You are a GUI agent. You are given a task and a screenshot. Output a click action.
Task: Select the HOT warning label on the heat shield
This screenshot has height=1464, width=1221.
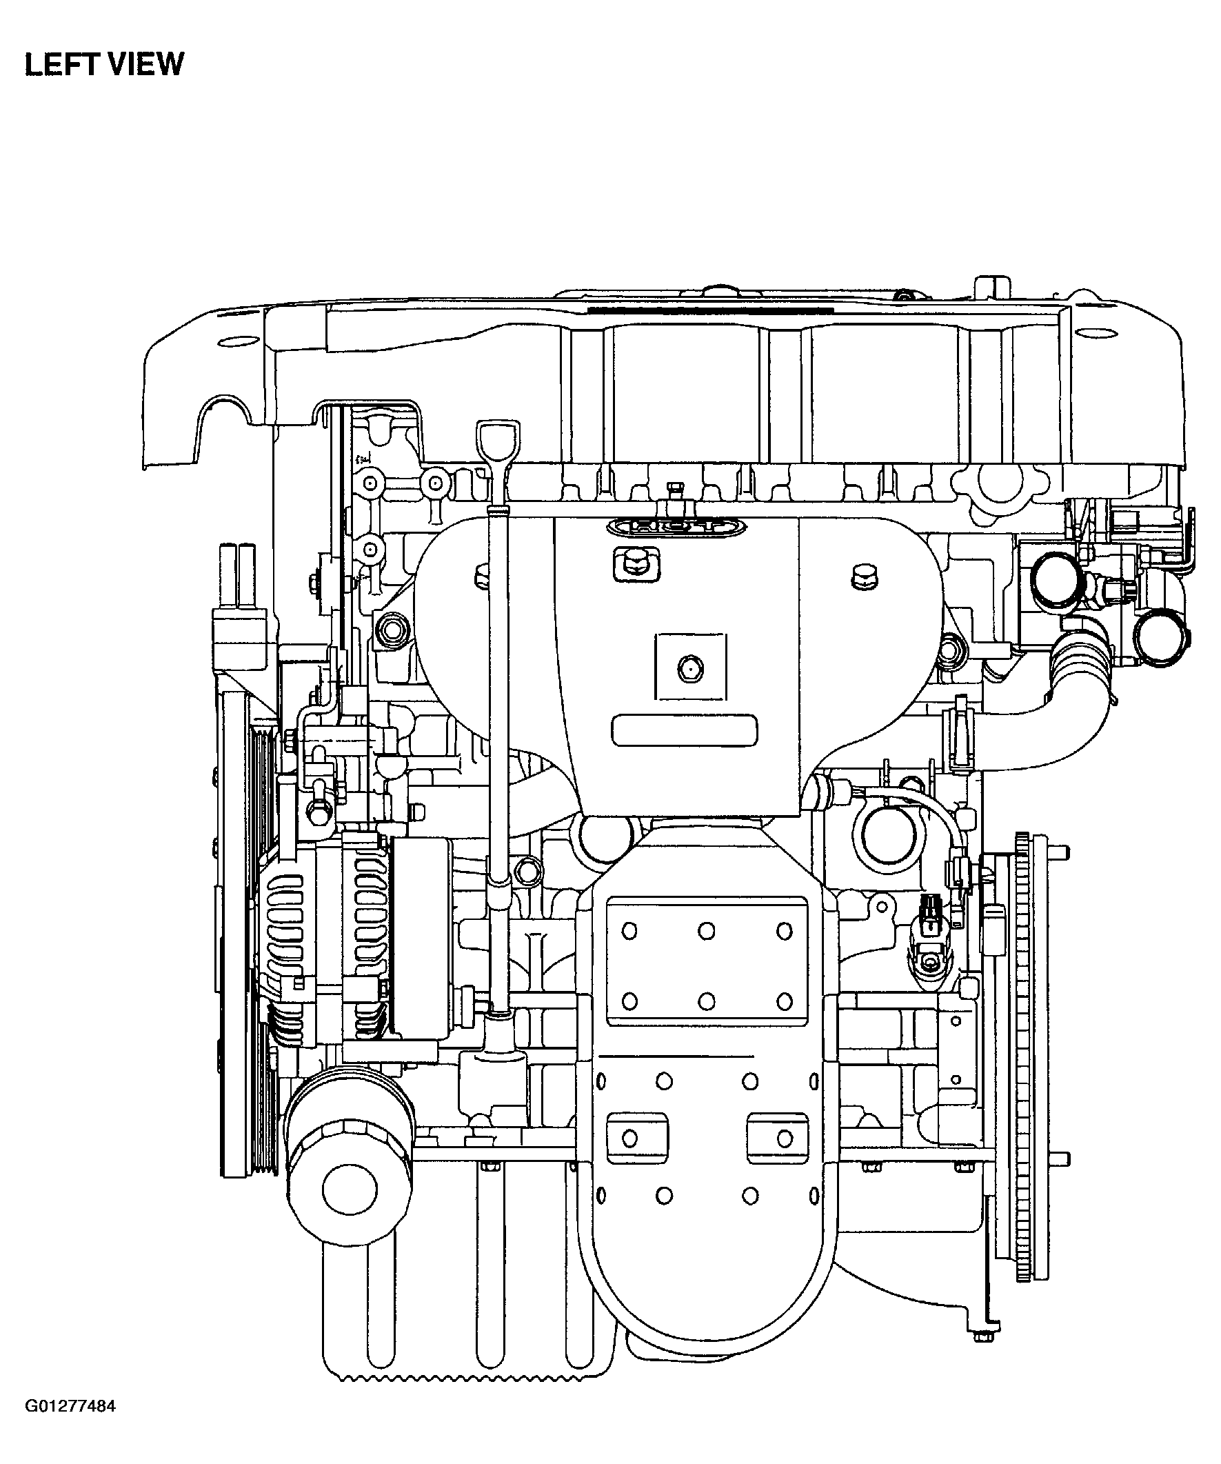pyautogui.click(x=676, y=528)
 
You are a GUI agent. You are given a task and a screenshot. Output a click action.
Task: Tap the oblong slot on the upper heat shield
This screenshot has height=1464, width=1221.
pyautogui.click(x=684, y=730)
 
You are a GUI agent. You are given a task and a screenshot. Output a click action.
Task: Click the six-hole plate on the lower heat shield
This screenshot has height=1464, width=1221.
pyautogui.click(x=707, y=963)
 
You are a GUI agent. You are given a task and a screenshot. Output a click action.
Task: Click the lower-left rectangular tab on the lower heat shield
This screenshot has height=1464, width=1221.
pyautogui.click(x=637, y=1139)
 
